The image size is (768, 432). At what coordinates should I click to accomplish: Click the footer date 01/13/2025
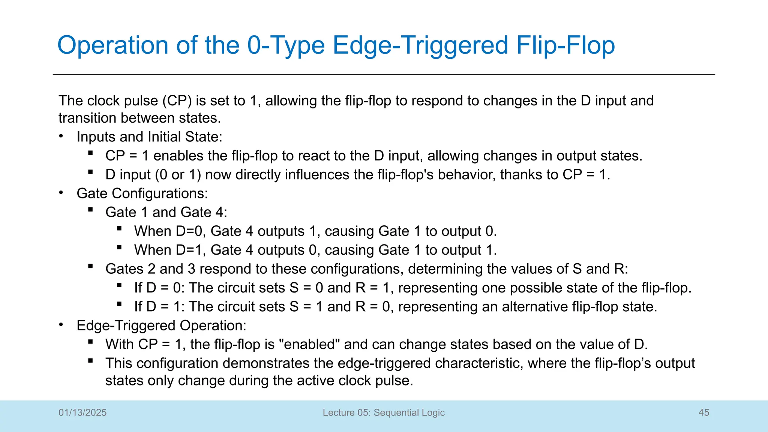coord(82,412)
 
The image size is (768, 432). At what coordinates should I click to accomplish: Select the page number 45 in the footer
coord(704,412)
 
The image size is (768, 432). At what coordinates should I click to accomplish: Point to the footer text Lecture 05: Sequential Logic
coord(384,412)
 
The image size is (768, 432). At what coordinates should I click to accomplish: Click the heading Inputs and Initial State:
coord(149,137)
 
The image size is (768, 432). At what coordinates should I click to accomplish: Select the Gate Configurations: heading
coord(142,193)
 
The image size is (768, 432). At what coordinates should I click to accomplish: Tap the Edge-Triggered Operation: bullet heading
coord(161,325)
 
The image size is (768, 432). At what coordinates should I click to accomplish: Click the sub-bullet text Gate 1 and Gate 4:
coord(166,212)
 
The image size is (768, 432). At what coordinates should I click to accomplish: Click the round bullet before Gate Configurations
coord(61,193)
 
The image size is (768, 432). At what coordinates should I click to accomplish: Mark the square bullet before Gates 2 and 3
coord(90,267)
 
